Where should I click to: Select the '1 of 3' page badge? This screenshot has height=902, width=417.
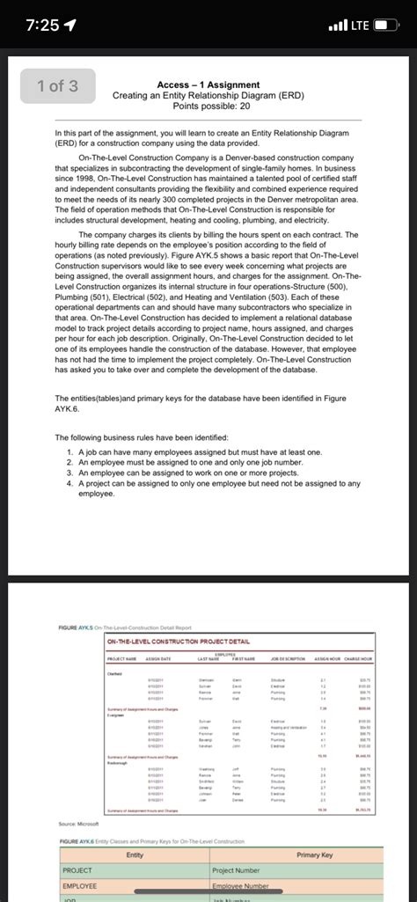[57, 85]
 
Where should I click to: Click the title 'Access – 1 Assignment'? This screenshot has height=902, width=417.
[208, 84]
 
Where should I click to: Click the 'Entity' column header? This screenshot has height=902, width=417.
[135, 855]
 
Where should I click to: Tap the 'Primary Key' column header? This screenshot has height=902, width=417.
[315, 855]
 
